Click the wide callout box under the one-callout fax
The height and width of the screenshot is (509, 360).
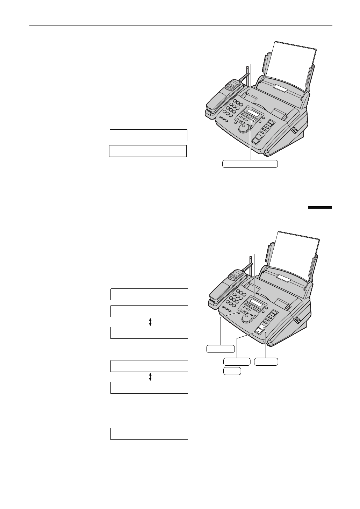pos(250,164)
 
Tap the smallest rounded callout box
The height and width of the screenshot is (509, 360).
pos(232,371)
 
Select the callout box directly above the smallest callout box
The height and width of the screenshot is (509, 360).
pos(237,362)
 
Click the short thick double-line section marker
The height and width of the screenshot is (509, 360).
pos(319,207)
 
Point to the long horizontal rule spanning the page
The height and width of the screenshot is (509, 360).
pos(180,26)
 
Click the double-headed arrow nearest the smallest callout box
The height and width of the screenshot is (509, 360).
pos(150,377)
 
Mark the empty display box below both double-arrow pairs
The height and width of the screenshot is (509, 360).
pos(149,433)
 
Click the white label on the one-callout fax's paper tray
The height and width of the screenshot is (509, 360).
pos(281,89)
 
